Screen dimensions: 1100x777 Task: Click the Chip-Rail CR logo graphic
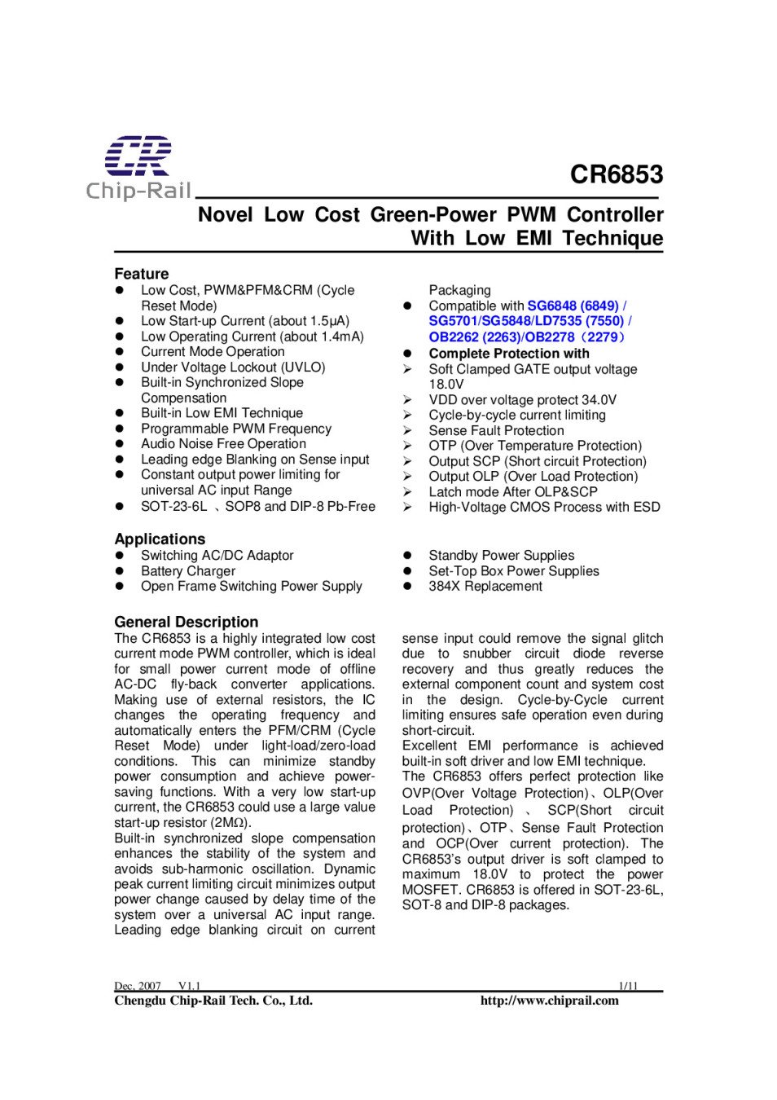[138, 156]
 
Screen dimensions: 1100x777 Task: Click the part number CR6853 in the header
[616, 174]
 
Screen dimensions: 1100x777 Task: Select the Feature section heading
[142, 274]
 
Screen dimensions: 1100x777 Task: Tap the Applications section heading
[160, 539]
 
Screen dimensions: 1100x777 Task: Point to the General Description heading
[186, 622]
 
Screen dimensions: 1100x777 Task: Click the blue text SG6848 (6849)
[573, 306]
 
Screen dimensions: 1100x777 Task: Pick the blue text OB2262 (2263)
[474, 337]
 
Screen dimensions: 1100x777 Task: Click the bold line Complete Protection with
[509, 354]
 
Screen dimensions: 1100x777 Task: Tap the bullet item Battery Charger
[188, 571]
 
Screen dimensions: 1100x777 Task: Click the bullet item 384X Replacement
[485, 586]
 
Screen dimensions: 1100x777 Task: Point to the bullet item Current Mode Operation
[213, 351]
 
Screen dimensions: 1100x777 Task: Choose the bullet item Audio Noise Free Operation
[223, 443]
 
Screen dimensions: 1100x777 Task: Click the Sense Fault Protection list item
[496, 430]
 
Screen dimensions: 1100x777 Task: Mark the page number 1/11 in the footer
[628, 986]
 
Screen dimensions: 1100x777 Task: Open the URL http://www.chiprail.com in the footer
[549, 1001]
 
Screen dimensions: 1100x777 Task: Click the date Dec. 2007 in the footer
[138, 986]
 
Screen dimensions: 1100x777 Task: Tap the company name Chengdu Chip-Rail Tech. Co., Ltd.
[213, 1001]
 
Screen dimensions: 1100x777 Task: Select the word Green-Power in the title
[433, 215]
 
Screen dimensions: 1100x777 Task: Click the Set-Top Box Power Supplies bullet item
[514, 571]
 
